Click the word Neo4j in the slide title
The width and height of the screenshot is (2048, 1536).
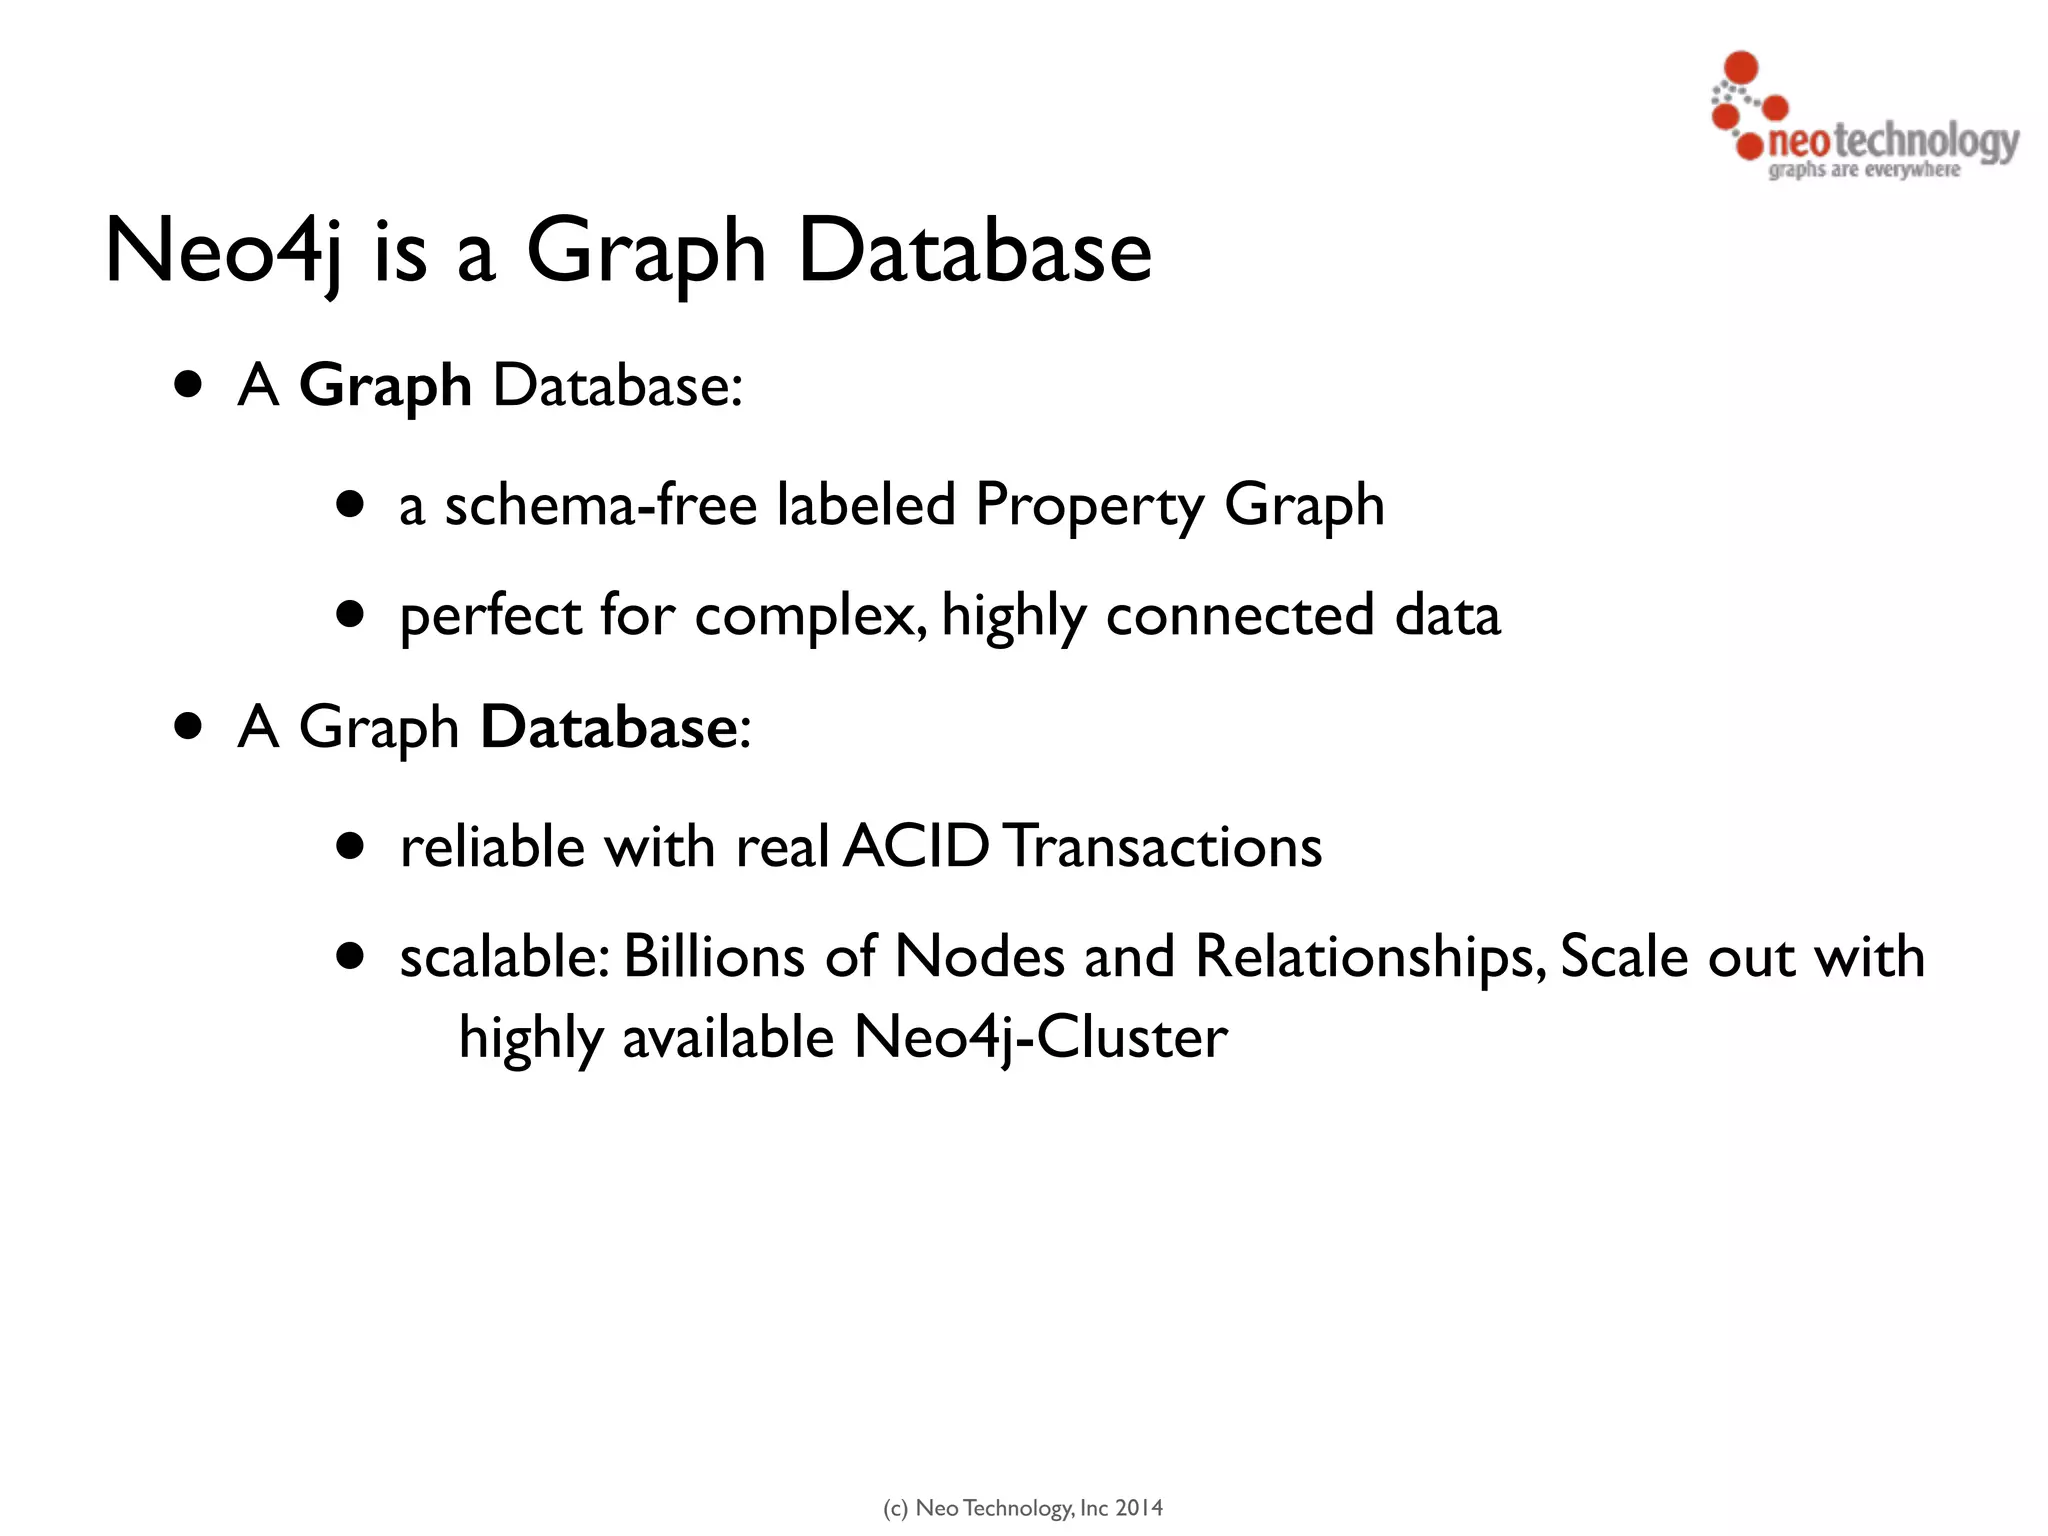pyautogui.click(x=222, y=251)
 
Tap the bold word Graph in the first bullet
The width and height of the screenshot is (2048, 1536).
pyautogui.click(x=385, y=386)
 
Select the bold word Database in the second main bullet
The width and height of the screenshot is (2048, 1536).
pyautogui.click(x=609, y=727)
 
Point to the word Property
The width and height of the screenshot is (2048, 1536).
pyautogui.click(x=1090, y=506)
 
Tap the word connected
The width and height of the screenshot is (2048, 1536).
pyautogui.click(x=1240, y=615)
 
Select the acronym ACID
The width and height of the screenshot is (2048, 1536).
pyautogui.click(x=916, y=847)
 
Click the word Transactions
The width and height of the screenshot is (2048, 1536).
pyautogui.click(x=1163, y=847)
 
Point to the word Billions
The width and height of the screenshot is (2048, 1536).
pyautogui.click(x=714, y=957)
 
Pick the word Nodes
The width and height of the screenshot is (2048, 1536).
pyautogui.click(x=979, y=957)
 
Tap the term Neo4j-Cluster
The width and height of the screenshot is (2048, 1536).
pyautogui.click(x=1040, y=1038)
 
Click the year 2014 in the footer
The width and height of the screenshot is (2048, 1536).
pyautogui.click(x=1139, y=1508)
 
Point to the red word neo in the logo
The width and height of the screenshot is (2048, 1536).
pyautogui.click(x=1798, y=142)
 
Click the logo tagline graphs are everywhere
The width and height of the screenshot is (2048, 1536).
pyautogui.click(x=1864, y=170)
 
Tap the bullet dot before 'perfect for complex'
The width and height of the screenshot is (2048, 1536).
pyautogui.click(x=350, y=613)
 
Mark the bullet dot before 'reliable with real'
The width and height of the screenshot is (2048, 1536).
pyautogui.click(x=350, y=847)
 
